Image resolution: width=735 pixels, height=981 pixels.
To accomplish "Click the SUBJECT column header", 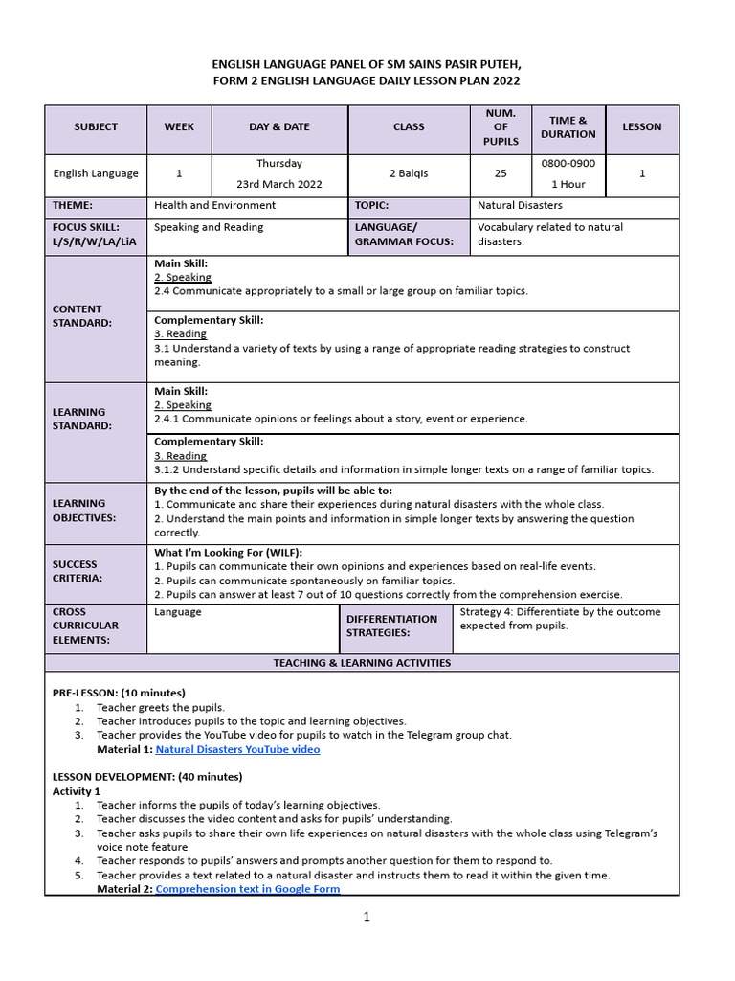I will pyautogui.click(x=96, y=127).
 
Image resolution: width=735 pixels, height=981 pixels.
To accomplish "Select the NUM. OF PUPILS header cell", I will pyautogui.click(x=501, y=127).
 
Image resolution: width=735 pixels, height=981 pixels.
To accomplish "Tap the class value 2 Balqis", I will pyautogui.click(x=409, y=173).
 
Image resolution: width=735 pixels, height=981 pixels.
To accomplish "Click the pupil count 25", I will pyautogui.click(x=501, y=173).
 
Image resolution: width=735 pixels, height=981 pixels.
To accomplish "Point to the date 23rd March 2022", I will pyautogui.click(x=279, y=184).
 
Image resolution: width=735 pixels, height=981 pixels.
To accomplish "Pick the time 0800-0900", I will pyautogui.click(x=568, y=164).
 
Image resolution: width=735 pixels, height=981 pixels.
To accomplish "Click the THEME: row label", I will pyautogui.click(x=73, y=205).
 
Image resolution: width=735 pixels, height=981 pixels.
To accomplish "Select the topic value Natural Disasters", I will pyautogui.click(x=520, y=205).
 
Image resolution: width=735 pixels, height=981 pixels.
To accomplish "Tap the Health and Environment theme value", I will pyautogui.click(x=214, y=205).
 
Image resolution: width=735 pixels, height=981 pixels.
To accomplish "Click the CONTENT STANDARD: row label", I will pyautogui.click(x=82, y=316).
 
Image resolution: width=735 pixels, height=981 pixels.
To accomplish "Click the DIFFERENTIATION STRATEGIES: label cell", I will pyautogui.click(x=391, y=626).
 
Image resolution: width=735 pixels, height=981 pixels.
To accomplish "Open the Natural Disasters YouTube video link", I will pyautogui.click(x=237, y=749).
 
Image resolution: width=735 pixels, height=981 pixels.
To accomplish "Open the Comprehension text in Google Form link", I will pyautogui.click(x=247, y=889).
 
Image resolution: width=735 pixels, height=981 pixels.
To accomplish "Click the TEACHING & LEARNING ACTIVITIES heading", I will pyautogui.click(x=362, y=663).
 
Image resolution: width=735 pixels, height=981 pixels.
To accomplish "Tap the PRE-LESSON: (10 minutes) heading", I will pyautogui.click(x=119, y=693).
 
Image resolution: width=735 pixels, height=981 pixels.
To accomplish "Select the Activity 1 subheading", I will pyautogui.click(x=77, y=791).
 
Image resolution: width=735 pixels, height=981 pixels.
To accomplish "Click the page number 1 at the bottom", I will pyautogui.click(x=366, y=917).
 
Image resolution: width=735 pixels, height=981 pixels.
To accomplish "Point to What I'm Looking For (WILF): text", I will pyautogui.click(x=228, y=553).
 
